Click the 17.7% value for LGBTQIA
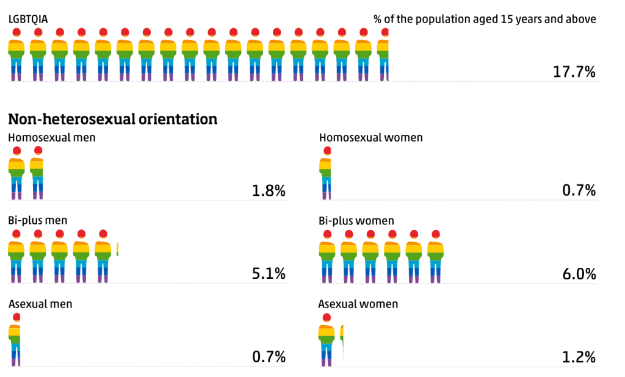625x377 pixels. click(x=574, y=72)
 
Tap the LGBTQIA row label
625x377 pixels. click(x=28, y=18)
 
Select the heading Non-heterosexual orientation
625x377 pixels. click(x=113, y=118)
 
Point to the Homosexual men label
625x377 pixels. click(x=52, y=137)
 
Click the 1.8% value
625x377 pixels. click(x=269, y=191)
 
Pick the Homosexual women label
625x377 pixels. click(x=370, y=137)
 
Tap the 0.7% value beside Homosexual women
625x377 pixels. click(x=579, y=191)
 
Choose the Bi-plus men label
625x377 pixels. click(x=38, y=220)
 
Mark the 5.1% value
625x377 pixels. click(x=269, y=274)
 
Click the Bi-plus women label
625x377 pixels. click(x=356, y=220)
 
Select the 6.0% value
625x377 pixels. click(x=579, y=274)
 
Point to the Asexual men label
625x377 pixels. click(x=40, y=303)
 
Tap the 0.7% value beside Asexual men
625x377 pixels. click(x=269, y=357)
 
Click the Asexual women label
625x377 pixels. click(x=358, y=303)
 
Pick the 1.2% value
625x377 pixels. click(x=579, y=357)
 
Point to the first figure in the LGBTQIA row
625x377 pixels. click(x=16, y=55)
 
